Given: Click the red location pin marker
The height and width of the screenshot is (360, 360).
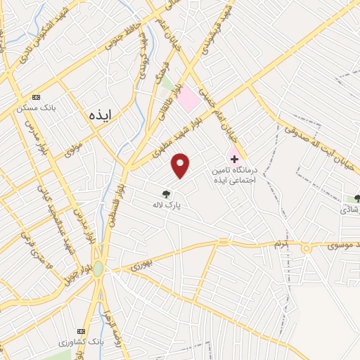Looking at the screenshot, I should [181, 165].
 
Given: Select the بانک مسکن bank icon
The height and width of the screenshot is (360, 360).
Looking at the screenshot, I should [37, 97].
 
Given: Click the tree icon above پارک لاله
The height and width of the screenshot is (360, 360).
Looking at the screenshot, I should [167, 193].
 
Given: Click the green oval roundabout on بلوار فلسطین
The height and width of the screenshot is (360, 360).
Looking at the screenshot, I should [98, 269].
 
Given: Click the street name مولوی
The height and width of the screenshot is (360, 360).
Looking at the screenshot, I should [74, 149].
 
